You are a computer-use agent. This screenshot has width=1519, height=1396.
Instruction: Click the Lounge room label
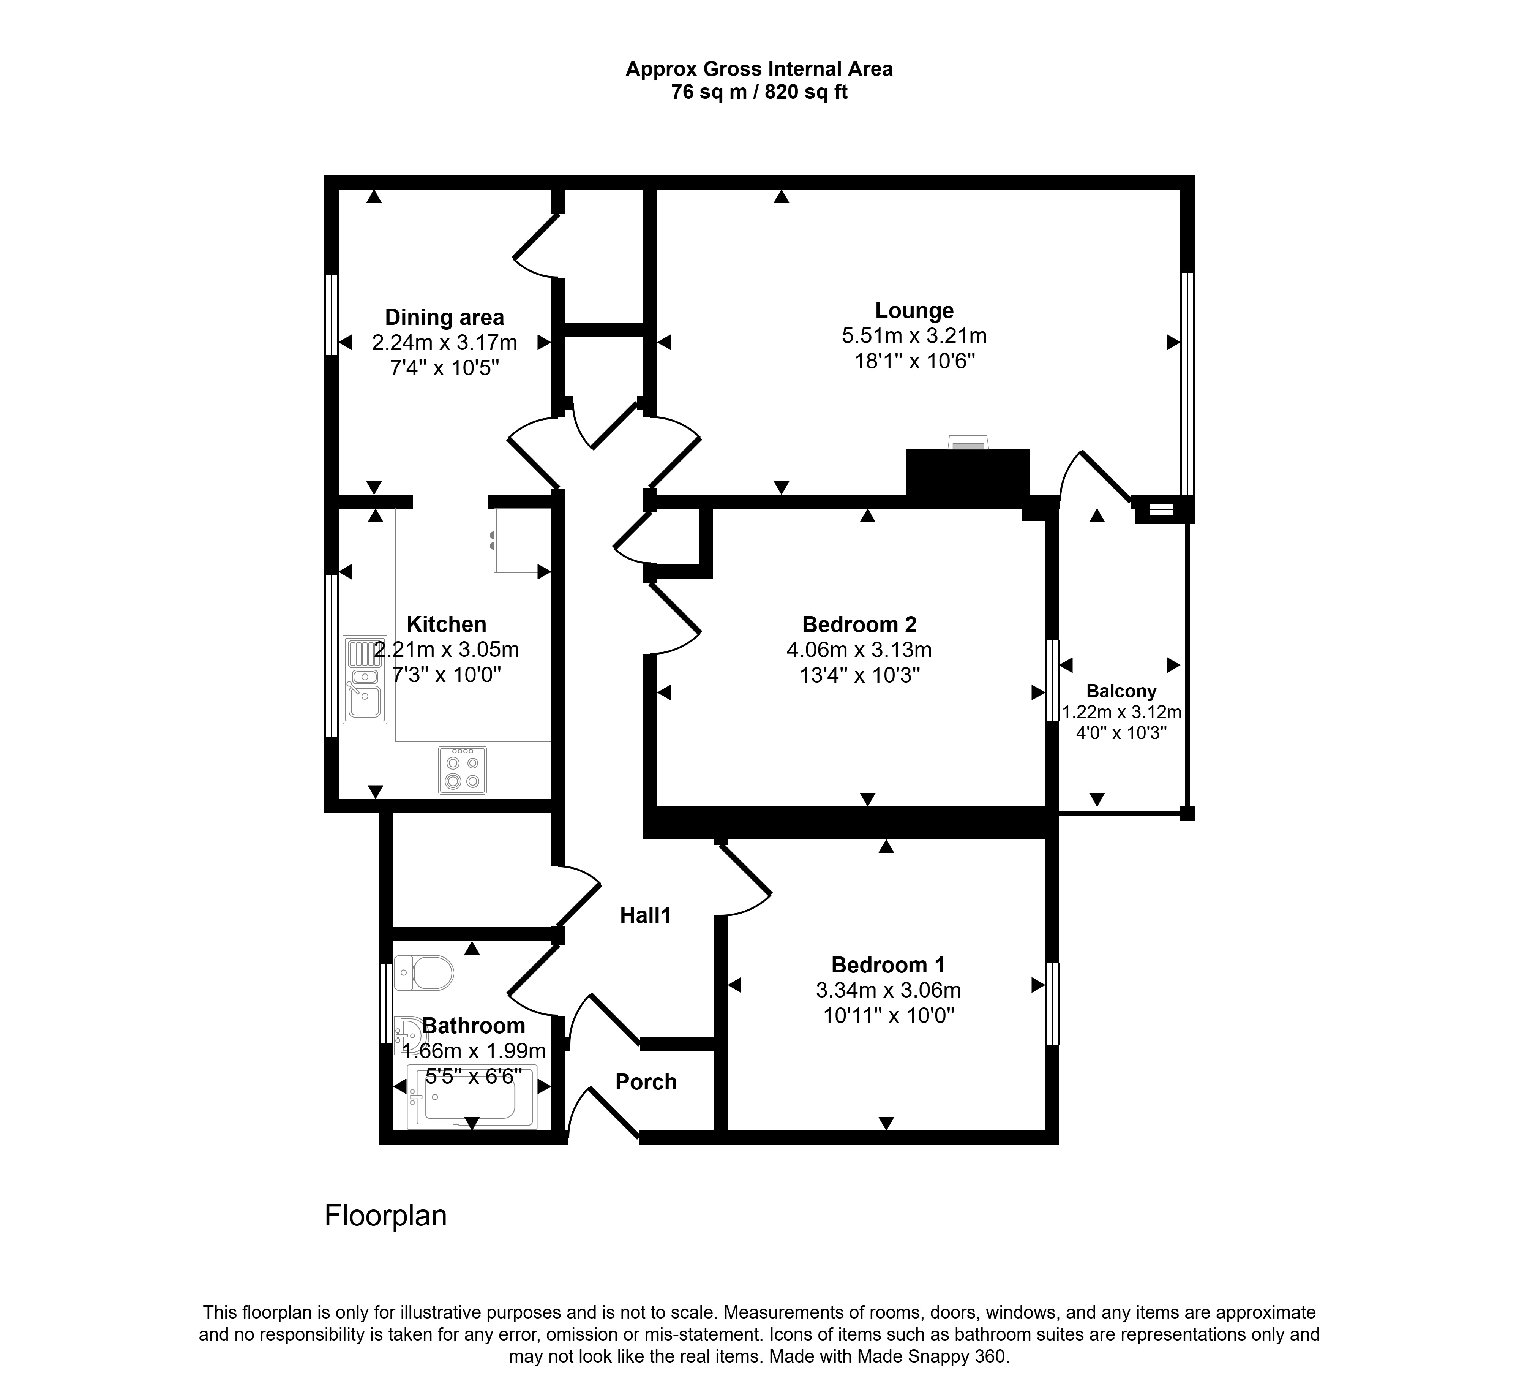click(914, 310)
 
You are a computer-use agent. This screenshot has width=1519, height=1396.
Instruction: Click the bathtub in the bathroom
click(471, 1097)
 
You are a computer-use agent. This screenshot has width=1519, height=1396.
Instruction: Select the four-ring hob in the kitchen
click(462, 770)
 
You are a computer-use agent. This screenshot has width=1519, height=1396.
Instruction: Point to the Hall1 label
click(645, 915)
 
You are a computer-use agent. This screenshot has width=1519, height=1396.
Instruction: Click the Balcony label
click(1121, 691)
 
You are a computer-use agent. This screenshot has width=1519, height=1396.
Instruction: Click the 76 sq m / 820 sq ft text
click(759, 92)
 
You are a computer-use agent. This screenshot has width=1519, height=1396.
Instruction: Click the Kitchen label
click(447, 624)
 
